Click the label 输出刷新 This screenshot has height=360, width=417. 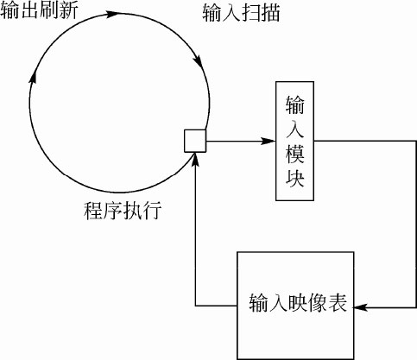(39, 11)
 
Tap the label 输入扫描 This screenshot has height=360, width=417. (241, 13)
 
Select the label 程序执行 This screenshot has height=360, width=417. (123, 211)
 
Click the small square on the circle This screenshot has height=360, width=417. (195, 141)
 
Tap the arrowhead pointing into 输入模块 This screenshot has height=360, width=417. (269, 141)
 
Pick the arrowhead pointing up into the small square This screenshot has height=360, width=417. (195, 159)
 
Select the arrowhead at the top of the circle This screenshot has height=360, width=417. (112, 14)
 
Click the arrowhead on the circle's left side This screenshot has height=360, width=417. (33, 76)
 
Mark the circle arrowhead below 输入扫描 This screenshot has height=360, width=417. (198, 60)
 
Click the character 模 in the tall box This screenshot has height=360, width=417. (295, 155)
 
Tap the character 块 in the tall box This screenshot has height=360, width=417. (295, 179)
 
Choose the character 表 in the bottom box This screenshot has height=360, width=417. (338, 303)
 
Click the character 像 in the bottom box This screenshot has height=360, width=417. (318, 303)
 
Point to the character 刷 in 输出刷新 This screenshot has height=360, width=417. (49, 11)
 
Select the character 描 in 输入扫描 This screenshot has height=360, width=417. (270, 13)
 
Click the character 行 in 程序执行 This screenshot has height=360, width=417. (152, 211)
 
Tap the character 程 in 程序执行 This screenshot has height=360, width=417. (93, 211)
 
